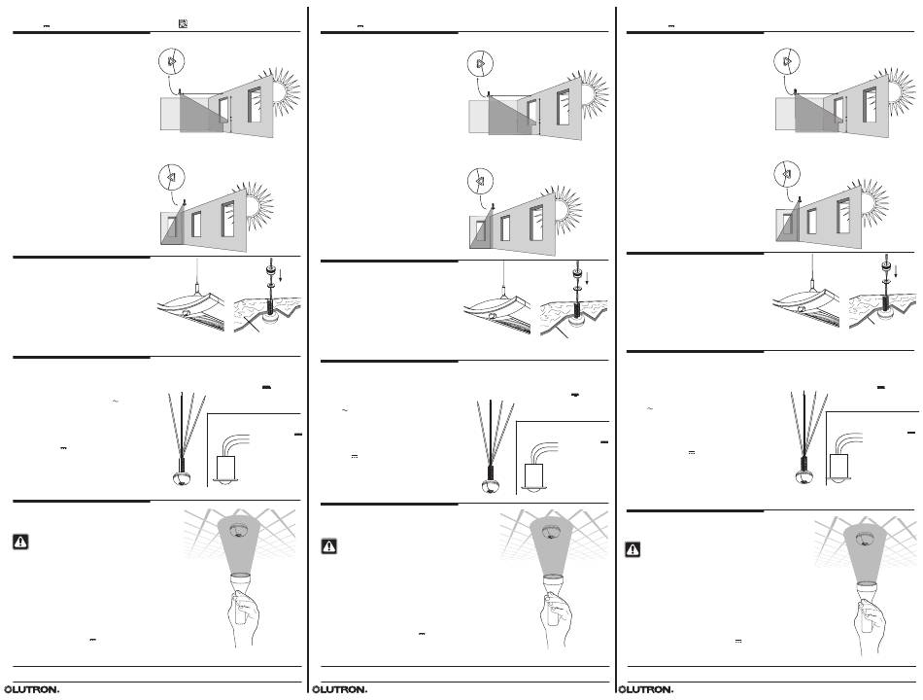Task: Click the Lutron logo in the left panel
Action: click(x=32, y=689)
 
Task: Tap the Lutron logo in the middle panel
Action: click(x=340, y=689)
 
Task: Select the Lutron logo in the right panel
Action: click(x=646, y=689)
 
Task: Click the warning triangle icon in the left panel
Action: click(x=20, y=542)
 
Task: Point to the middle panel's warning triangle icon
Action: click(x=329, y=546)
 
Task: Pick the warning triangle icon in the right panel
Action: click(x=632, y=549)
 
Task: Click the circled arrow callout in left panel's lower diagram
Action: click(x=171, y=176)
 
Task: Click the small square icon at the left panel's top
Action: click(x=183, y=24)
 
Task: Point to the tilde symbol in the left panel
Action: click(x=115, y=402)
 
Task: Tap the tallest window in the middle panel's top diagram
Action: click(x=564, y=107)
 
